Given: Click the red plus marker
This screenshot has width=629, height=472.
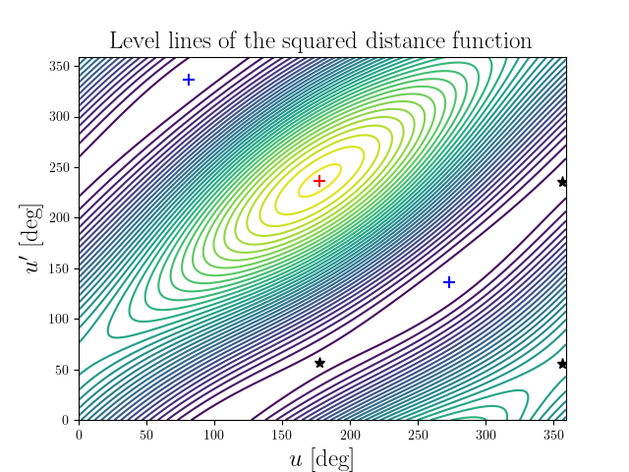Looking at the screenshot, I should [x=318, y=181].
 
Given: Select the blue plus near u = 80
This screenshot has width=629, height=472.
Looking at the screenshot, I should [x=189, y=80].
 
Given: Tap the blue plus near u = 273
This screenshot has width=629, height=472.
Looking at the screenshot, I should [x=449, y=282].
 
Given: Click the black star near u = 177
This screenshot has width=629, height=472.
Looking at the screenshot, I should [x=319, y=363].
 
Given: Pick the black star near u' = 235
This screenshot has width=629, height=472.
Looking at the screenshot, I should [x=562, y=182].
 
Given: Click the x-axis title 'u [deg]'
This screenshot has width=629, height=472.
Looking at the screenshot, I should [x=321, y=458].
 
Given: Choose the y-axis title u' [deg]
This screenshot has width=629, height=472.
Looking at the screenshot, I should [x=33, y=239].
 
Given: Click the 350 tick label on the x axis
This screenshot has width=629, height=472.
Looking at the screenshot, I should [x=552, y=433].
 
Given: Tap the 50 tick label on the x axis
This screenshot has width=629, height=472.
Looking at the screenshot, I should [x=146, y=433].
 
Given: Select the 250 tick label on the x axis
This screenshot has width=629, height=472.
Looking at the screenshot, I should [x=417, y=433].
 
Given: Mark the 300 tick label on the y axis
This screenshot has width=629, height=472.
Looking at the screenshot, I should [x=61, y=116].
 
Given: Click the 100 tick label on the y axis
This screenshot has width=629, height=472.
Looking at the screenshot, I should [x=61, y=319].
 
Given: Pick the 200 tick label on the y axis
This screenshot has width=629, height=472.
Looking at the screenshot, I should [x=61, y=217].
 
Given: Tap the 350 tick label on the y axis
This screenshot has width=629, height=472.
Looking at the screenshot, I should [x=61, y=66].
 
